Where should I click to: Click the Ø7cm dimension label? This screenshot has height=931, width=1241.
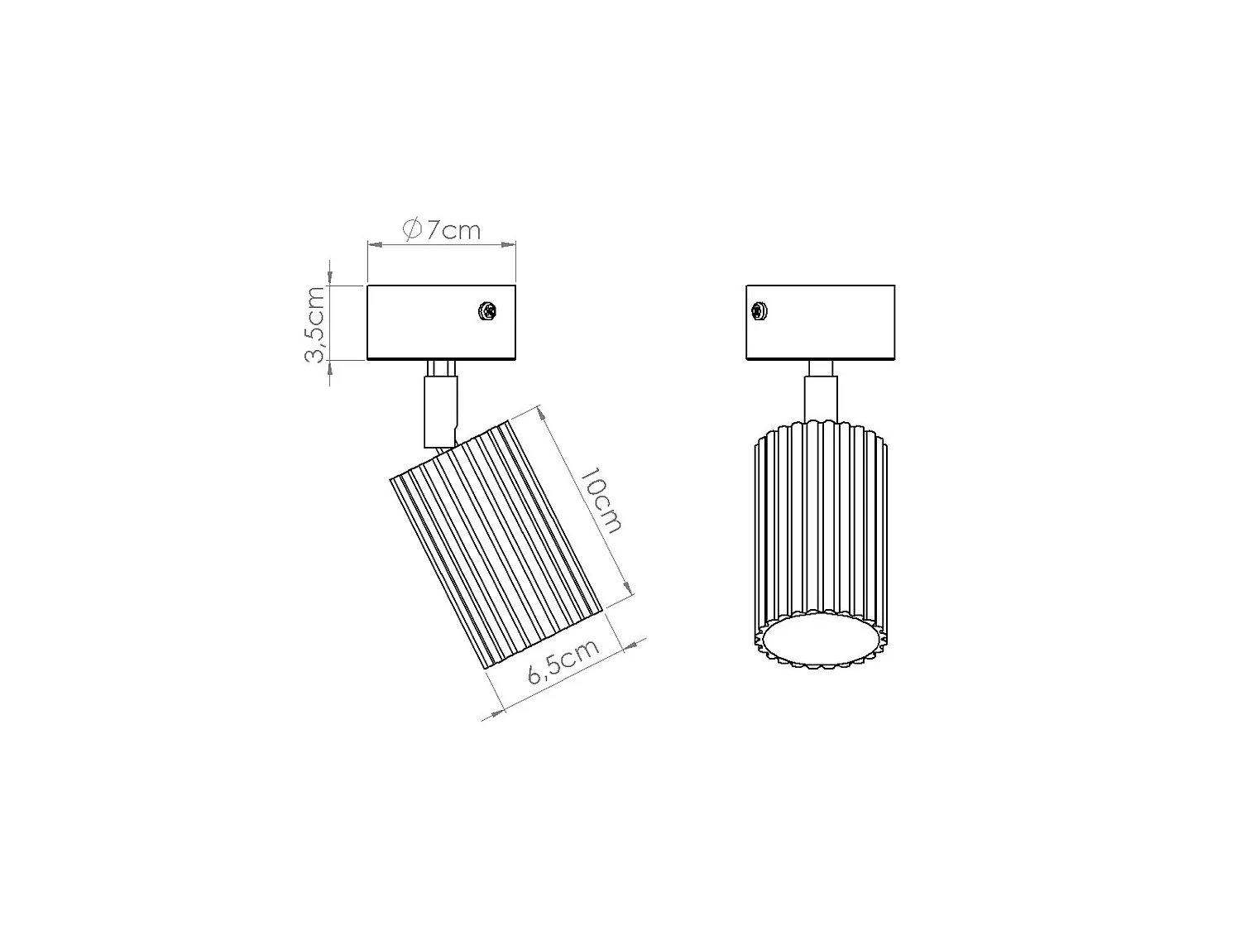click(x=442, y=229)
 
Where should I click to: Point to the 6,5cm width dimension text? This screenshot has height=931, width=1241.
click(x=563, y=662)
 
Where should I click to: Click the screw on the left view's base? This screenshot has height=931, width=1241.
click(x=486, y=311)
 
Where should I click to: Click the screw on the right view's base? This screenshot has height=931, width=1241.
click(x=758, y=311)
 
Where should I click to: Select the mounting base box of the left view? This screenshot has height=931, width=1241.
click(x=441, y=322)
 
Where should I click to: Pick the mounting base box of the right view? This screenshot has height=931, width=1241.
click(x=821, y=322)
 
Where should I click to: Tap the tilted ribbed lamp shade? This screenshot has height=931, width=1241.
click(x=496, y=545)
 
